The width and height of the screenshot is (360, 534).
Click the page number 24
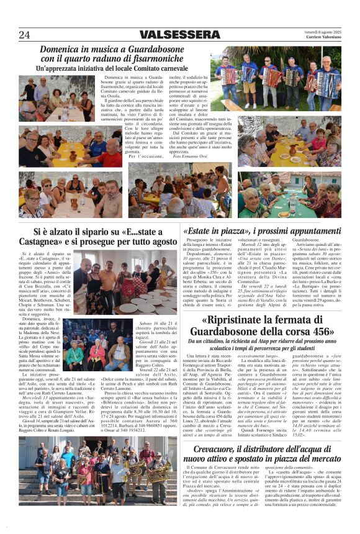[24, 35]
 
